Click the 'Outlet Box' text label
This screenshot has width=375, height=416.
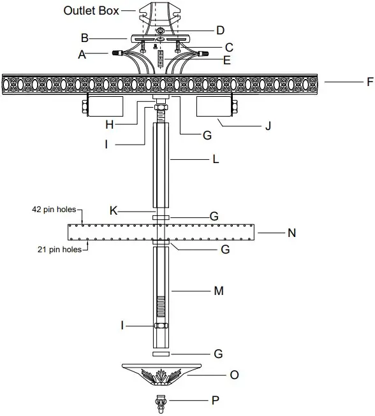tap(91, 11)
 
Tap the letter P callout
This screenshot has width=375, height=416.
tap(216, 400)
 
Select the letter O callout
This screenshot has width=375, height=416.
tap(234, 375)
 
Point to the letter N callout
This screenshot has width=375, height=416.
tap(292, 233)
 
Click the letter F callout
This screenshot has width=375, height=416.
tap(371, 82)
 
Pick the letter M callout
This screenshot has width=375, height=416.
tap(219, 290)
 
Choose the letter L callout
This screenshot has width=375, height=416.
tap(216, 159)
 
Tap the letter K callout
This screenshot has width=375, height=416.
tap(114, 211)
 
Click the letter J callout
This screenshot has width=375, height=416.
tap(268, 126)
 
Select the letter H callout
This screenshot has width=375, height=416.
tap(110, 124)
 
